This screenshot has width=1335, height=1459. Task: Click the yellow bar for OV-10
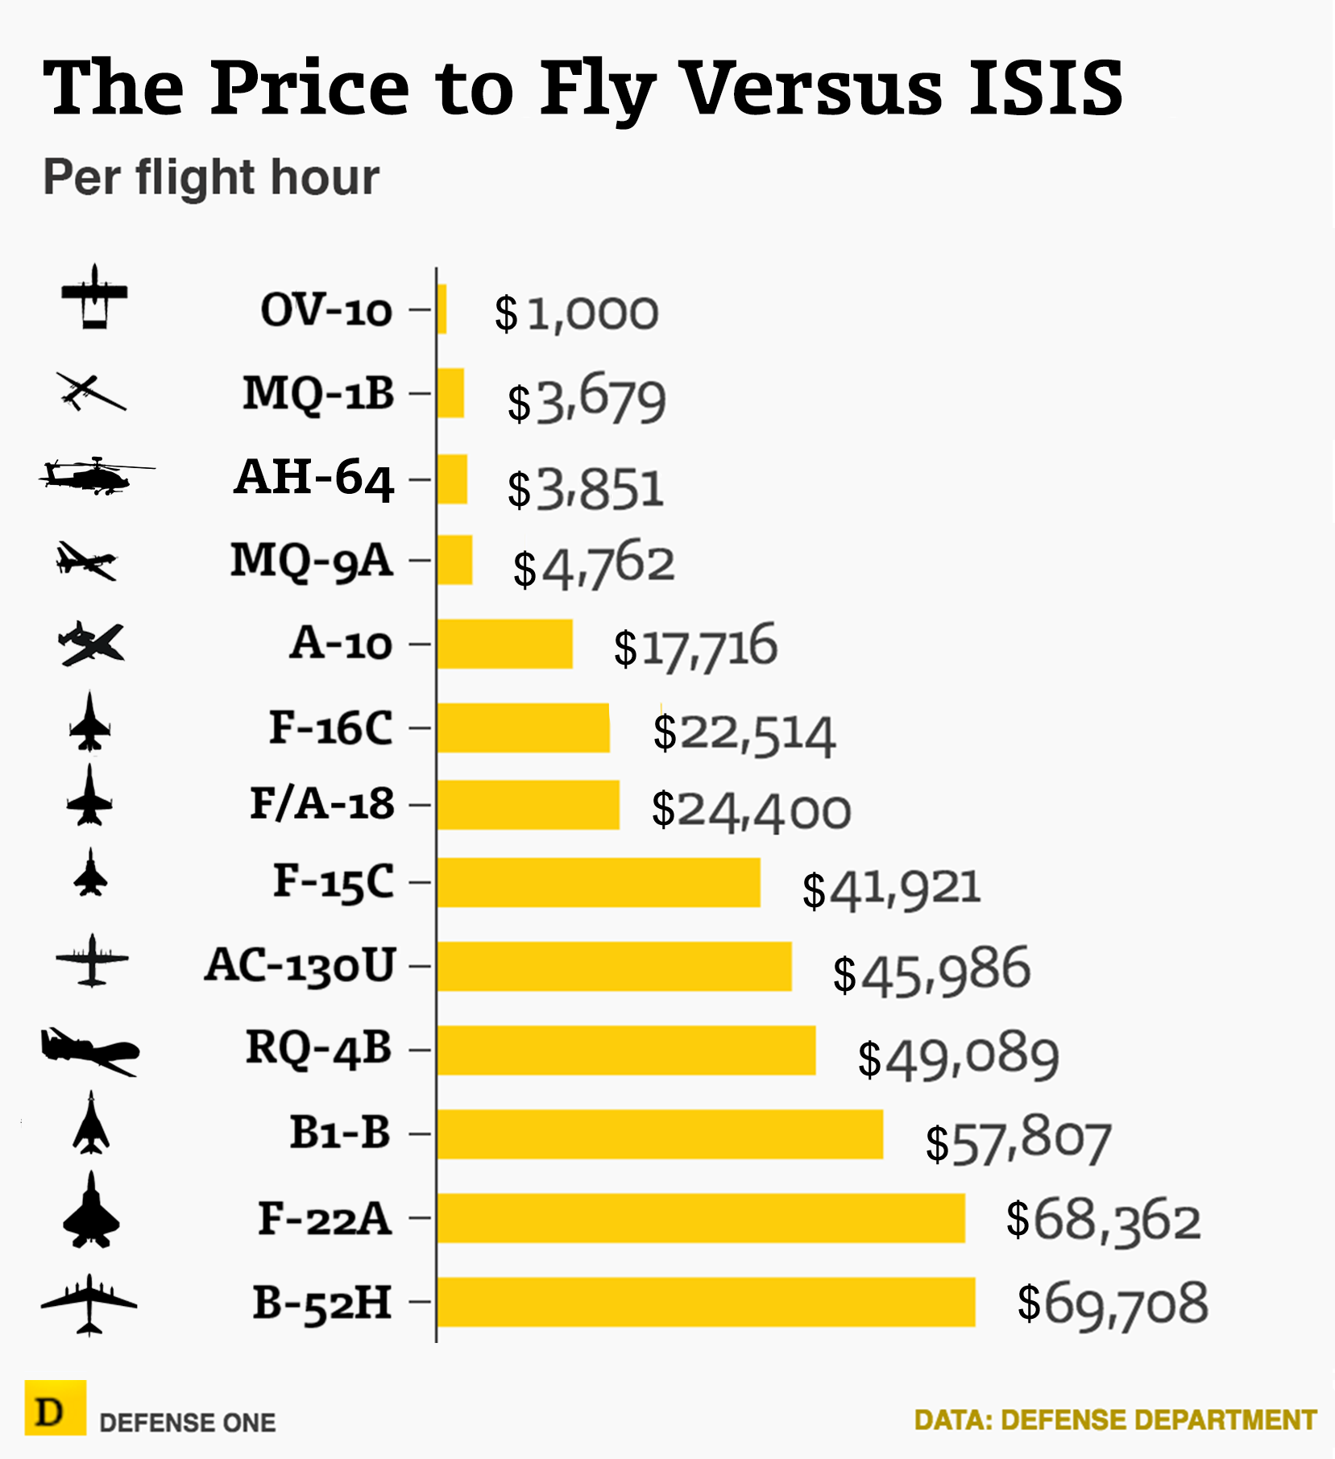pyautogui.click(x=442, y=309)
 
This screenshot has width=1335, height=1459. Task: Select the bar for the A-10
pyautogui.click(x=505, y=644)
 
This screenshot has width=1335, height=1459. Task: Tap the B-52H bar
pyautogui.click(x=706, y=1301)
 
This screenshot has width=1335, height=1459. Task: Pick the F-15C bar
pyautogui.click(x=599, y=882)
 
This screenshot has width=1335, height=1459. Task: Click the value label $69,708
pyautogui.click(x=1113, y=1304)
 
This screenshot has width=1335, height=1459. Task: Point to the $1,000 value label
pyautogui.click(x=577, y=313)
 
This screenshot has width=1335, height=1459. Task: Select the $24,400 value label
pyautogui.click(x=751, y=810)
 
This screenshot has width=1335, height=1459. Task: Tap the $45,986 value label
pyautogui.click(x=931, y=971)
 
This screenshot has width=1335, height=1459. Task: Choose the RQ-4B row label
pyautogui.click(x=319, y=1049)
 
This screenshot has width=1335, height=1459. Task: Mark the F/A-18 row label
pyautogui.click(x=322, y=804)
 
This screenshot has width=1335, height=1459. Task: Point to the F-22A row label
pyautogui.click(x=325, y=1218)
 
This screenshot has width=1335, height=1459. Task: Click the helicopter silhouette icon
pyautogui.click(x=96, y=475)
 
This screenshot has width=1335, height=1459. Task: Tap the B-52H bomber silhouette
pyautogui.click(x=89, y=1304)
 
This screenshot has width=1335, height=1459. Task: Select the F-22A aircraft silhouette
pyautogui.click(x=91, y=1211)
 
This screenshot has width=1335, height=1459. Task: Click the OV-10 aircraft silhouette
pyautogui.click(x=94, y=296)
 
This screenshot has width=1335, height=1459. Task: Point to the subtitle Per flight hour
pyautogui.click(x=211, y=177)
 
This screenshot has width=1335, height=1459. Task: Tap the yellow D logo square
pyautogui.click(x=55, y=1407)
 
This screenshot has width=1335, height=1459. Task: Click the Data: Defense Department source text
pyautogui.click(x=1116, y=1420)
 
